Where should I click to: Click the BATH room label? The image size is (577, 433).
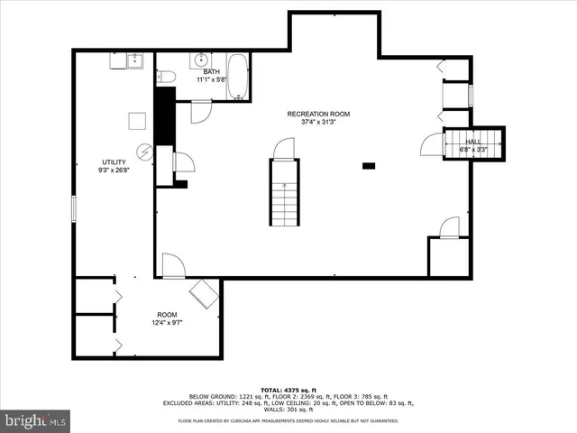[211, 72]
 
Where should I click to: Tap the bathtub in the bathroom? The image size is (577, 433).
[238, 78]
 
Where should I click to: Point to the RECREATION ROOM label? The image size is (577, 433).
[318, 114]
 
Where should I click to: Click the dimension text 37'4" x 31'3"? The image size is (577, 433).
[318, 123]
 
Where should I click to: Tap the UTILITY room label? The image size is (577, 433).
[114, 162]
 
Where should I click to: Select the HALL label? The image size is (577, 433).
[472, 142]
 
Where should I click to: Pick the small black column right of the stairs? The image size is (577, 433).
[368, 165]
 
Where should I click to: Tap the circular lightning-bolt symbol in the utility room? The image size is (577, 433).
[144, 152]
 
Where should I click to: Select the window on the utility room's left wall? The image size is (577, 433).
[74, 207]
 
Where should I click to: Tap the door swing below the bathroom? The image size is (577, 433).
[200, 111]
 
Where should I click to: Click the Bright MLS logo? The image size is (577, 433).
[35, 420]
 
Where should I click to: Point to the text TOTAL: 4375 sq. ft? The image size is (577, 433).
[288, 390]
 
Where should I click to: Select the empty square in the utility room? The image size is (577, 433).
[137, 120]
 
